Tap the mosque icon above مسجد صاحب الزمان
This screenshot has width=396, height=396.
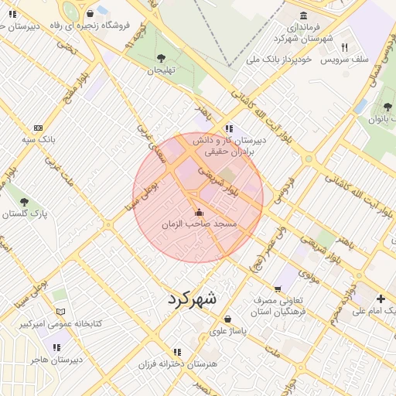[199, 212]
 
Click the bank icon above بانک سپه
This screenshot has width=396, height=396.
[38, 128]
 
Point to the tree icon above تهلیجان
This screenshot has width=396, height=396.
[161, 58]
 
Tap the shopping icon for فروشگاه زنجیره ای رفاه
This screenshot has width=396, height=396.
[90, 13]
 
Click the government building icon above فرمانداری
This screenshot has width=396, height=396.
[302, 16]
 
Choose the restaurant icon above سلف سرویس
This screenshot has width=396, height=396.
[344, 47]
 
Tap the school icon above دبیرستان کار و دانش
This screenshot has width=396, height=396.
[228, 129]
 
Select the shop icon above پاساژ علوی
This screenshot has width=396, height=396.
[227, 319]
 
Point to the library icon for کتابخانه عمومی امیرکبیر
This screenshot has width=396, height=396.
[60, 311]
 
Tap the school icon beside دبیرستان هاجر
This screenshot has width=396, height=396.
[56, 347]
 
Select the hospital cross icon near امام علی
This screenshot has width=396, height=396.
[380, 299]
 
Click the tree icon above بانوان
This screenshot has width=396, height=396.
[387, 107]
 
